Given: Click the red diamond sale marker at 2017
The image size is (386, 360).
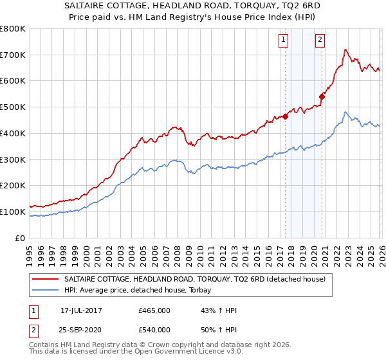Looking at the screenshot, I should pos(285,116).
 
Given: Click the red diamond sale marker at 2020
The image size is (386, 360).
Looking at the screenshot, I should pos(322,97).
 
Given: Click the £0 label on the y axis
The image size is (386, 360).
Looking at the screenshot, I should pos(21,238).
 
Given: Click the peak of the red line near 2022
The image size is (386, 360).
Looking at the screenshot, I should pos(345,50).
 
